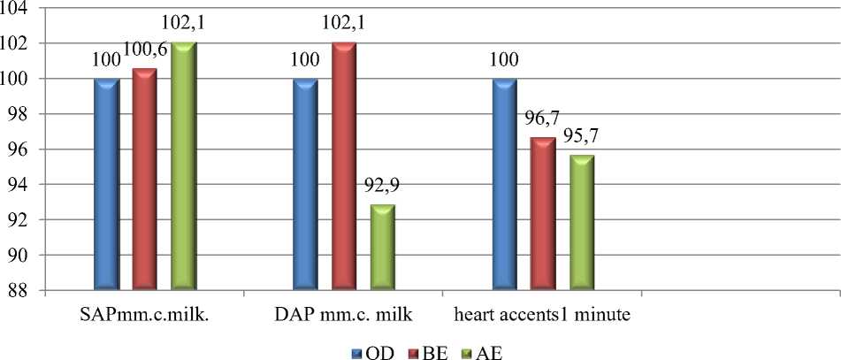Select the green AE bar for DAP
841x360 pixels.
pyautogui.click(x=383, y=247)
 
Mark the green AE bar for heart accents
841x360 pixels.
pyautogui.click(x=582, y=222)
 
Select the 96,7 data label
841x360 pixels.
pyautogui.click(x=543, y=121)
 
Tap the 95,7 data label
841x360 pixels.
pyautogui.click(x=582, y=139)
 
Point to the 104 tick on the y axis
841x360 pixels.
pyautogui.click(x=16, y=8)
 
